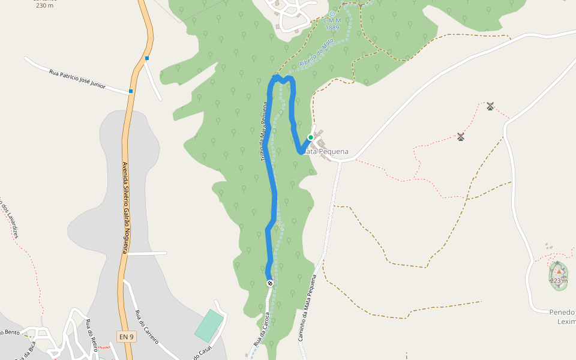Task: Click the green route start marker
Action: [311, 137]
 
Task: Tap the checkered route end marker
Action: [270, 283]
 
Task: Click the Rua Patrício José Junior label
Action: [77, 79]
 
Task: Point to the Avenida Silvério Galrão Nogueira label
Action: [126, 208]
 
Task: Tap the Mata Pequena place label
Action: [326, 152]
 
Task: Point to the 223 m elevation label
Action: [559, 281]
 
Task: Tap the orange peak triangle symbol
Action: [559, 271]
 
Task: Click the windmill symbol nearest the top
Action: [490, 106]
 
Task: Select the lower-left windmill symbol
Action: [461, 137]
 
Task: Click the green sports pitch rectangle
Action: [208, 326]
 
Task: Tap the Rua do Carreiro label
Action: [146, 326]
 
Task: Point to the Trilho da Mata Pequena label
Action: [263, 132]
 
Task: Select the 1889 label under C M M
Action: [332, 28]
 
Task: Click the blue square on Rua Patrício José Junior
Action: [131, 91]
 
